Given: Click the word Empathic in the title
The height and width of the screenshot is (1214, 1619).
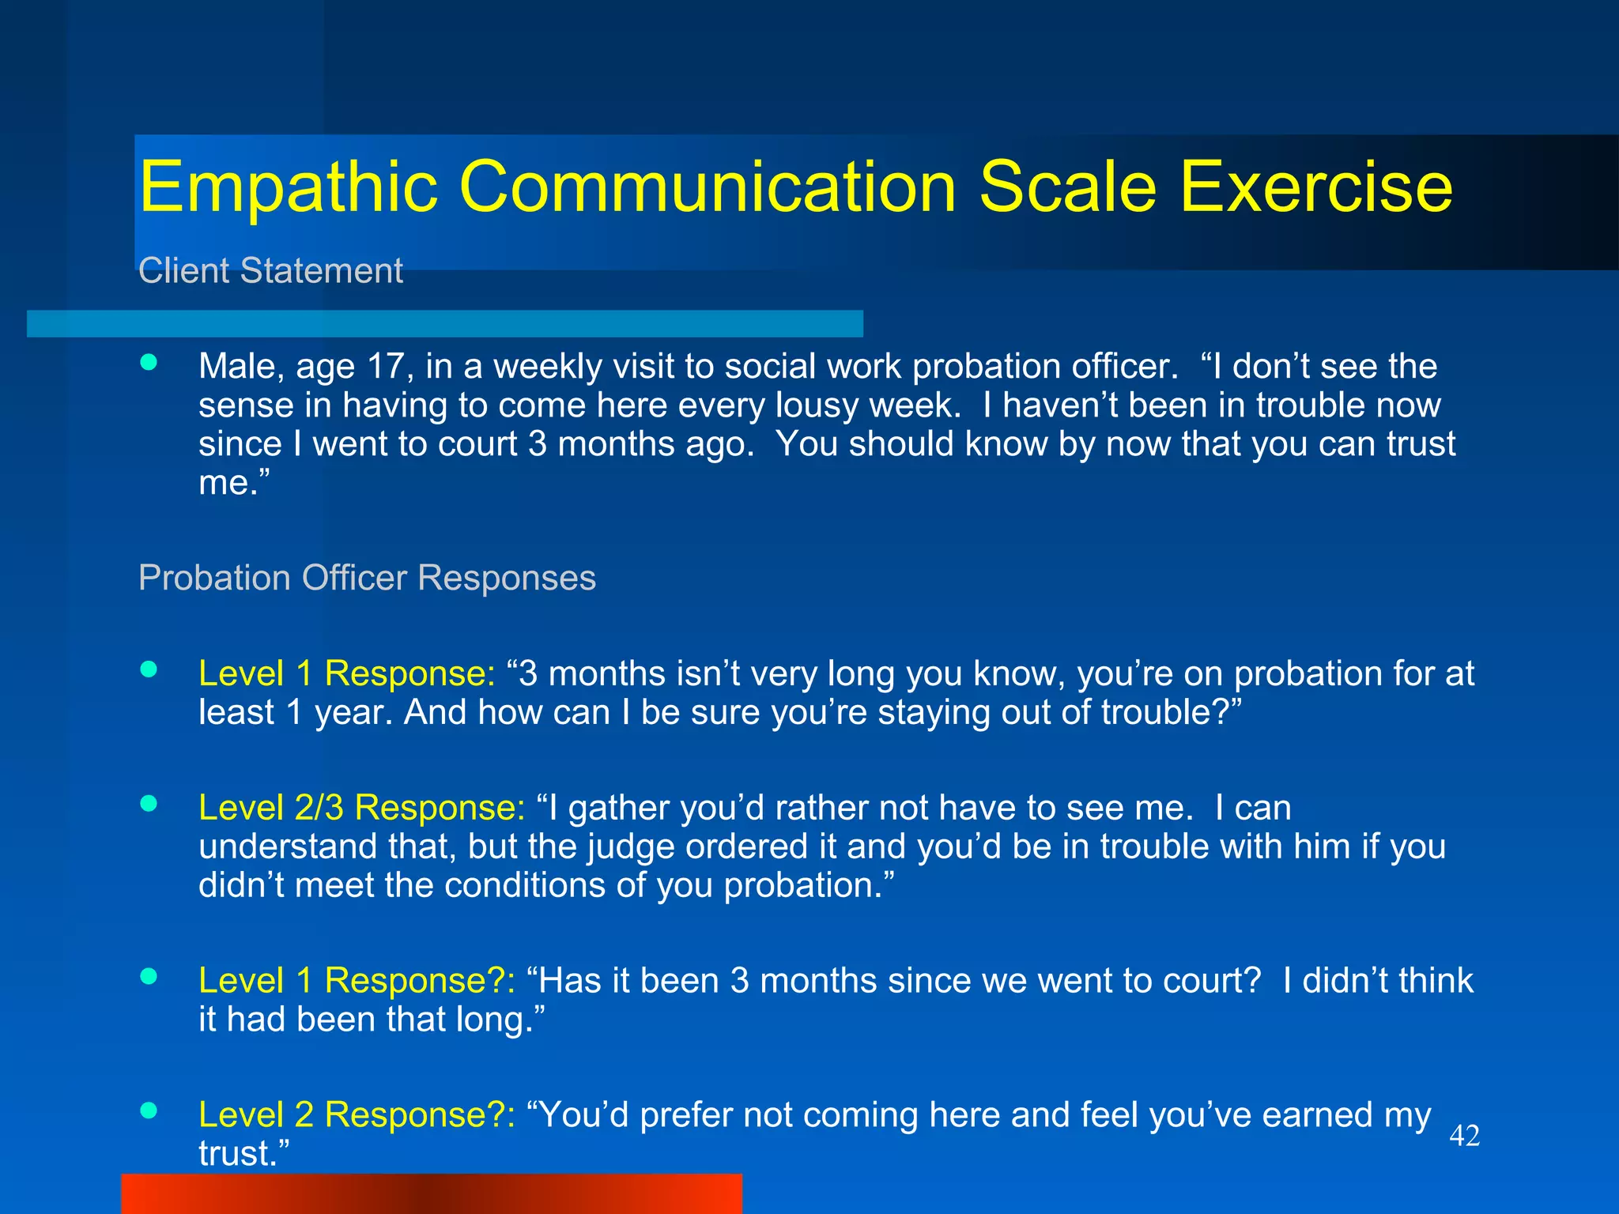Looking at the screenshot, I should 289,188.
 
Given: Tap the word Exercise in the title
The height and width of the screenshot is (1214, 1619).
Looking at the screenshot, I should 1315,188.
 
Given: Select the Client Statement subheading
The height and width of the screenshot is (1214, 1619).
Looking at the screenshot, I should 270,271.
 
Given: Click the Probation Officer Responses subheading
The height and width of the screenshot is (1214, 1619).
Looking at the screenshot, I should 367,578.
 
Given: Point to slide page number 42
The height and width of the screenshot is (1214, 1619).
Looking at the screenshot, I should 1464,1137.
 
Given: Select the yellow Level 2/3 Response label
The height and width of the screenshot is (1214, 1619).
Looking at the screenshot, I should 361,808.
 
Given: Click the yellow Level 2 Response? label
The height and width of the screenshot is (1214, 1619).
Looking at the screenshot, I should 357,1114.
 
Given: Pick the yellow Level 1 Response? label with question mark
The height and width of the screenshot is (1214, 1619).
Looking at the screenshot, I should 357,981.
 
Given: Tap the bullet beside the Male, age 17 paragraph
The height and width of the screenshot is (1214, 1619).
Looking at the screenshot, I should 149,363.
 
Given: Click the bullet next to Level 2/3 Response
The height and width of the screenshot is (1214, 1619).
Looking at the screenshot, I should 149,804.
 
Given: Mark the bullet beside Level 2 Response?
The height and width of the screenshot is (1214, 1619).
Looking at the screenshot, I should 149,1110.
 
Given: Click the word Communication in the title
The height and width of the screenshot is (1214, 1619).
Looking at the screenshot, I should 708,188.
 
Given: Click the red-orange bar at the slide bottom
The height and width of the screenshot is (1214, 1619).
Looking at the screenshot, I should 431,1193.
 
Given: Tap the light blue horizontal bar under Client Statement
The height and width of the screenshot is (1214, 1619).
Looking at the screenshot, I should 444,324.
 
